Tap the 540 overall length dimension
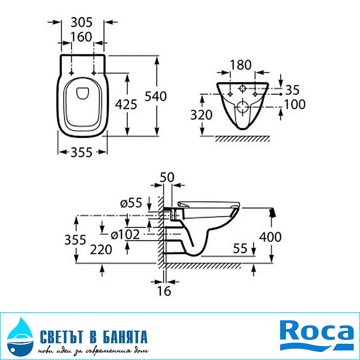point(155,96)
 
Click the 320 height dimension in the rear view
point(201,115)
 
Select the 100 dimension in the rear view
point(295,104)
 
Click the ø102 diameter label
point(125,234)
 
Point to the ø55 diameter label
point(130,202)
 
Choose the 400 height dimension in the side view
point(270,237)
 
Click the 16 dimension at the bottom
point(165,291)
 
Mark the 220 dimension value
point(101,249)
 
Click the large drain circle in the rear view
point(242,107)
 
